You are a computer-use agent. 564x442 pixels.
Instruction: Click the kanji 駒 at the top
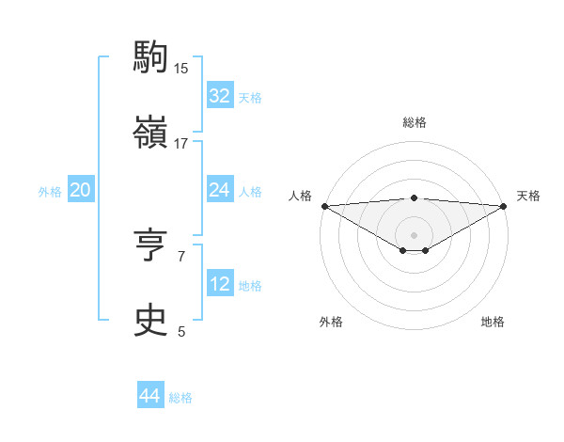coord(151,58)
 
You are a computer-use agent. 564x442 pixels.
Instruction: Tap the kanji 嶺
coord(151,134)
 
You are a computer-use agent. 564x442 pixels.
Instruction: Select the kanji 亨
coord(151,246)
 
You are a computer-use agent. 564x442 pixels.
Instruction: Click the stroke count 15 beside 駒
coord(181,68)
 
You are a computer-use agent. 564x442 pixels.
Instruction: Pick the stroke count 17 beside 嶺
coord(181,144)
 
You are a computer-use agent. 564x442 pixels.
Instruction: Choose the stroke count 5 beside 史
coord(181,332)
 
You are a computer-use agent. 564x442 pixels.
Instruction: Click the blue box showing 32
coord(219,96)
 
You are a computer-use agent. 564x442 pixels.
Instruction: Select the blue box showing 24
coord(219,190)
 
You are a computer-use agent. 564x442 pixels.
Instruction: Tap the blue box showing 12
coord(219,284)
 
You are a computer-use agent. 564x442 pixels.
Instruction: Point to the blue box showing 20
coord(80,190)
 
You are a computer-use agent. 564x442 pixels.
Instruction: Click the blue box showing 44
coord(149,397)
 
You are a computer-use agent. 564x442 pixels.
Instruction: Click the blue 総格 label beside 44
coord(180,398)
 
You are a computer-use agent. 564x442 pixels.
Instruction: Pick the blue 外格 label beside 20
coord(50,191)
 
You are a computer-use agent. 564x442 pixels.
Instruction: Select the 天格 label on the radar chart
coord(528,196)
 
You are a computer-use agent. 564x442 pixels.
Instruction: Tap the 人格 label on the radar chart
coord(300,196)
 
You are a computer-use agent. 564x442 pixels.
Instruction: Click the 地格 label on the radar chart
coord(493,322)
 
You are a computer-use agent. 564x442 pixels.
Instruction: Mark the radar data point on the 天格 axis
coord(504,205)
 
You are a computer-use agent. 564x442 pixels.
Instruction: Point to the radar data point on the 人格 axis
coord(324,205)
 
